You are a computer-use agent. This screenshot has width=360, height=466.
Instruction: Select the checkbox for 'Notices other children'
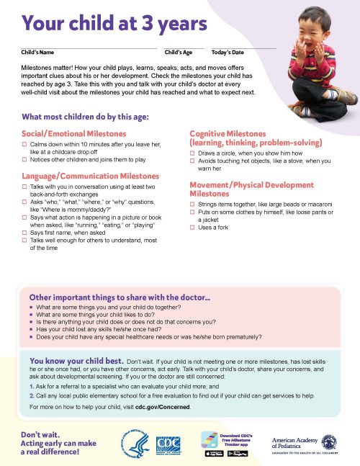click(x=24, y=158)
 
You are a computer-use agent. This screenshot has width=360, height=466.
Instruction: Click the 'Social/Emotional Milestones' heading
click(x=74, y=134)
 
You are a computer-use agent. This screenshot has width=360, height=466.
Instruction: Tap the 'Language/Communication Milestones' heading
click(x=91, y=176)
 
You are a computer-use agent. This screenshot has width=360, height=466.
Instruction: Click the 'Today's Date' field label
click(x=228, y=53)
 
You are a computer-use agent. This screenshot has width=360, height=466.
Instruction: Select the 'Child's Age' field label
click(x=178, y=53)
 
